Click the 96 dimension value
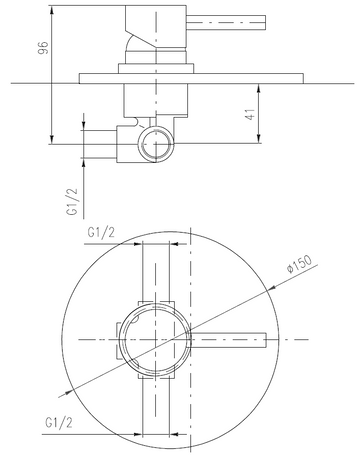(x=43, y=48)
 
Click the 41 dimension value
(x=250, y=114)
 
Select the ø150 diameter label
(x=300, y=264)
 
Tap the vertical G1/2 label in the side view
(x=72, y=201)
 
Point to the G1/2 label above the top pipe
(x=101, y=232)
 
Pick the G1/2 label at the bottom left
(x=59, y=423)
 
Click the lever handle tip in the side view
(x=265, y=23)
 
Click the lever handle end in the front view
(x=266, y=340)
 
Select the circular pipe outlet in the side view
(x=156, y=144)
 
